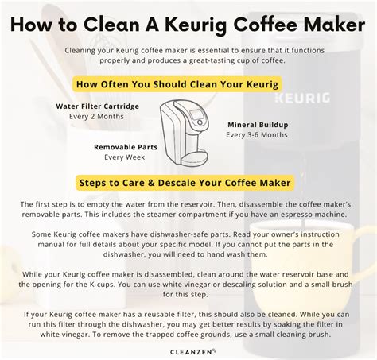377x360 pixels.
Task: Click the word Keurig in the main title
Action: [x=196, y=25]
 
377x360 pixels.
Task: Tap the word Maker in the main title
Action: [x=334, y=24]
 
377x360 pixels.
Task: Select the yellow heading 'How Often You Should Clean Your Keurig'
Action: [x=177, y=84]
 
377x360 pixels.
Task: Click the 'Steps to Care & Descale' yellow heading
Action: [x=185, y=183]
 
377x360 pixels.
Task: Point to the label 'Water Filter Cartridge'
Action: [x=98, y=106]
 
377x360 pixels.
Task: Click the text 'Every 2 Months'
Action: [x=96, y=117]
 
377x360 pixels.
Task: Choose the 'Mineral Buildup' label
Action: [x=258, y=125]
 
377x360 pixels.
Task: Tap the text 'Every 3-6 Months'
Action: [x=257, y=135]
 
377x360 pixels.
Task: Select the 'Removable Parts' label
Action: [x=126, y=147]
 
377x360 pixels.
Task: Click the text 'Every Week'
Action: [x=125, y=157]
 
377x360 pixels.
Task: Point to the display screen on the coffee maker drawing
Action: [x=196, y=114]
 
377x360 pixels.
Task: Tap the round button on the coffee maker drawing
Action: [x=200, y=122]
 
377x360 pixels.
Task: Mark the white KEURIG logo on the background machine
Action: [x=302, y=98]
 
